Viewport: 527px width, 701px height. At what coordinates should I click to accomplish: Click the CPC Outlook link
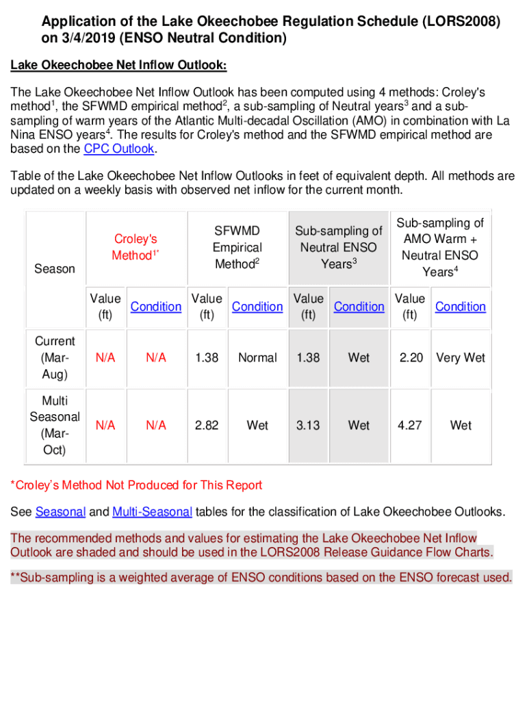[119, 149]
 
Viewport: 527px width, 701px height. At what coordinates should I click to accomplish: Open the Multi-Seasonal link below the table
[152, 512]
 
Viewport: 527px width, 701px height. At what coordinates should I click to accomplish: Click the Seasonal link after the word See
[60, 512]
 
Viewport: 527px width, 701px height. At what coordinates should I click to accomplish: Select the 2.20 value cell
[411, 357]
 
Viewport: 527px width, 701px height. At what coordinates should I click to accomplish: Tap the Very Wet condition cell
[461, 357]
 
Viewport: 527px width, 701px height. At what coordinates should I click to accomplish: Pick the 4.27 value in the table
[410, 425]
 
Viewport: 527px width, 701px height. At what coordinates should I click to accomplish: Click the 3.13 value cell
[308, 425]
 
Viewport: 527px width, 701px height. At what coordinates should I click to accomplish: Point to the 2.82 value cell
[207, 425]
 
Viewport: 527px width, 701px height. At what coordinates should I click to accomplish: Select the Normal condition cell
[257, 357]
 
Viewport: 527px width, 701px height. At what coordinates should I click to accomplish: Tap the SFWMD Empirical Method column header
[237, 247]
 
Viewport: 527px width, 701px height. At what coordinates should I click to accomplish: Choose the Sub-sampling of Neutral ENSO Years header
[338, 247]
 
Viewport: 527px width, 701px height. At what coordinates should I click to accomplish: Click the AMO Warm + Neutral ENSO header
[440, 247]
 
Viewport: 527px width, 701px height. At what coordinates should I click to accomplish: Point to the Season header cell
[55, 268]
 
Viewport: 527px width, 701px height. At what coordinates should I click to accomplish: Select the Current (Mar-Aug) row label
[55, 357]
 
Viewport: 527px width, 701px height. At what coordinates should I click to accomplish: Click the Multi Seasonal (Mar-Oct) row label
[55, 425]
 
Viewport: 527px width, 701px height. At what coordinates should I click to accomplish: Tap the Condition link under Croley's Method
[156, 307]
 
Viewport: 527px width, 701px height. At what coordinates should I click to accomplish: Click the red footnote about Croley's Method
[136, 485]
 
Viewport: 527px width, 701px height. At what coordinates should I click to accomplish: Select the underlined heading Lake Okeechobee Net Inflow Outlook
[118, 66]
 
